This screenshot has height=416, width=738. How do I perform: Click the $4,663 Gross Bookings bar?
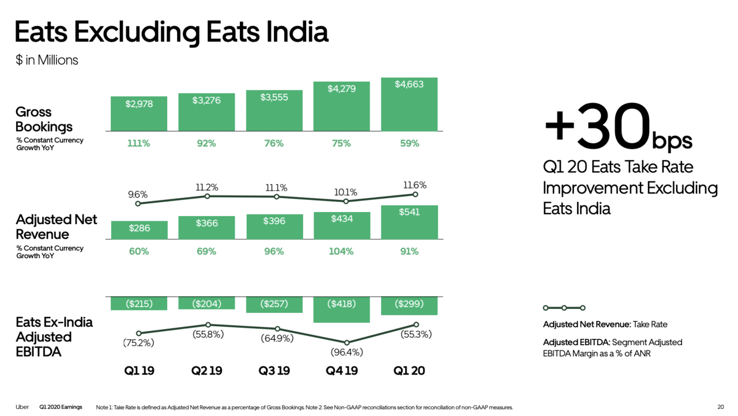point(409,104)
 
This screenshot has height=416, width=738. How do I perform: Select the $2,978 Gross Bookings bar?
point(139,114)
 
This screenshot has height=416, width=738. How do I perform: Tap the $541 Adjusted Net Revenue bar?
point(409,222)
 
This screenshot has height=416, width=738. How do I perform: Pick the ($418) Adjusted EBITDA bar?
point(341,309)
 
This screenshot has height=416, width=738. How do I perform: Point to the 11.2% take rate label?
point(206,187)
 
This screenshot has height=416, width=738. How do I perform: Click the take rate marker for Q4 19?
point(345,201)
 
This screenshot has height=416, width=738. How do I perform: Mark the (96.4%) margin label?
point(347,352)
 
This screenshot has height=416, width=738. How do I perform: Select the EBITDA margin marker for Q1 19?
point(138,333)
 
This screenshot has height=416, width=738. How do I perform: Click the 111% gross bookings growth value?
point(138,143)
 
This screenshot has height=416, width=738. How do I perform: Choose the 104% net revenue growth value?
point(341,251)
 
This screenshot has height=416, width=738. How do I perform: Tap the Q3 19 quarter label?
point(274,371)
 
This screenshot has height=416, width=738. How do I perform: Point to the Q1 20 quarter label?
point(409,371)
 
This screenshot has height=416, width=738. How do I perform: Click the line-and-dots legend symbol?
point(564,308)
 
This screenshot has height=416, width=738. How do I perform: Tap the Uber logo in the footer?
point(22,407)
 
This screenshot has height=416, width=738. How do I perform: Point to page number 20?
point(720,407)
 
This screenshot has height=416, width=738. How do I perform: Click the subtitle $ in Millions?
point(47,60)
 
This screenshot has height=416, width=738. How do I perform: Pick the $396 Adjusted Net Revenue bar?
point(274,226)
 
